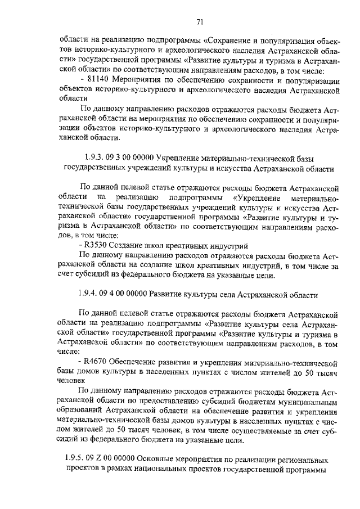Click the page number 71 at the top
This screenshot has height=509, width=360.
coord(200,22)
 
